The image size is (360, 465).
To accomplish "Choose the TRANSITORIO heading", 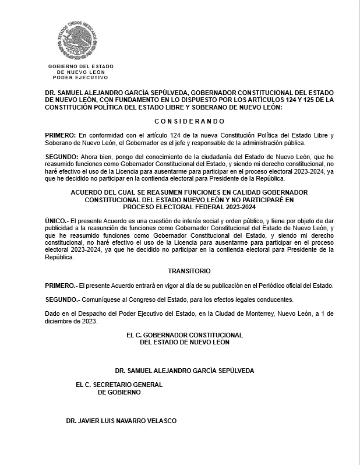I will tap(189, 272).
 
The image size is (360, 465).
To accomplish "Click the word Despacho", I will tap(89, 314).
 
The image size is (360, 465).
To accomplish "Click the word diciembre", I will tap(60, 321).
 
